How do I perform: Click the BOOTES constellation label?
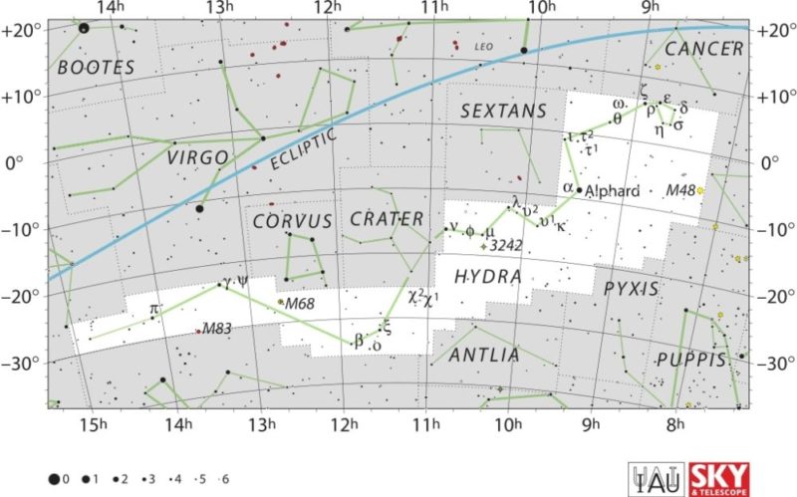click(96, 68)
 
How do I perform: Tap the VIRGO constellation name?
click(197, 157)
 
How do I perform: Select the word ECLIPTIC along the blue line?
click(303, 148)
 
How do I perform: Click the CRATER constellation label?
click(387, 218)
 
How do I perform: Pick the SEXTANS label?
click(503, 112)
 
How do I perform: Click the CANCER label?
click(704, 49)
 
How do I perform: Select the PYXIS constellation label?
click(631, 289)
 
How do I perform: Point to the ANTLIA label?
click(484, 355)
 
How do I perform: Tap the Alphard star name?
click(619, 191)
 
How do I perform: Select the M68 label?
click(300, 303)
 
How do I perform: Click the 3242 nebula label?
click(506, 245)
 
